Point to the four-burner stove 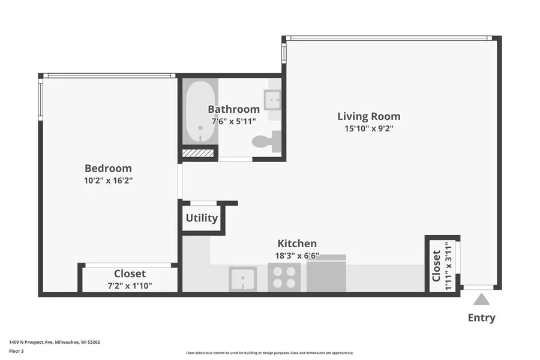(x=284, y=277)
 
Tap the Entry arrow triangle (x=481, y=299)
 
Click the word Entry (x=481, y=318)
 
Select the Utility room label (x=202, y=218)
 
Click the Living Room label (x=368, y=116)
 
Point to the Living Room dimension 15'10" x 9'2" (x=368, y=128)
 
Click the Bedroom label (x=108, y=169)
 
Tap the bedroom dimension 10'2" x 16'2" (x=108, y=180)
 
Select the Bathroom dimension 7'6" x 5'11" (x=233, y=121)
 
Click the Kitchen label (x=297, y=244)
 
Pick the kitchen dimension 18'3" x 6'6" (x=297, y=255)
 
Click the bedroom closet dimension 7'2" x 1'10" (x=130, y=286)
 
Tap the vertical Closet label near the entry (x=436, y=265)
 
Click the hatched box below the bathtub (x=198, y=154)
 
